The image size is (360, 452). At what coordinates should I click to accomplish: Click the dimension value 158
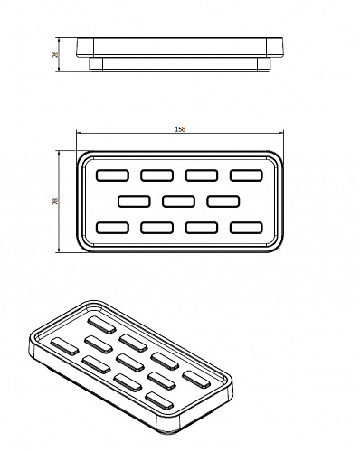tap(180, 129)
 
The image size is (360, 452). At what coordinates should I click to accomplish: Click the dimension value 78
tap(55, 202)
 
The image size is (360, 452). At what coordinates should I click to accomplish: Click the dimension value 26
tap(55, 54)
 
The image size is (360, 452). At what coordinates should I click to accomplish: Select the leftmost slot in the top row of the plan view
tap(113, 175)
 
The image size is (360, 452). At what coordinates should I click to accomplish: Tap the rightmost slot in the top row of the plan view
tap(246, 175)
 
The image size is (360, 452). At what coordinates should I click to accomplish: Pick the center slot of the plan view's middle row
tap(178, 202)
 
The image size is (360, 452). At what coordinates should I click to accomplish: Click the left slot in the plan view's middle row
tap(134, 202)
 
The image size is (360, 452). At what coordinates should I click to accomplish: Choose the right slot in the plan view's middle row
tap(223, 202)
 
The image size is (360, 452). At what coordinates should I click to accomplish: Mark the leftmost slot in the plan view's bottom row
tap(113, 228)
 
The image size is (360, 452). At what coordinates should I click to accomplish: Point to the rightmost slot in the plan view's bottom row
tap(246, 228)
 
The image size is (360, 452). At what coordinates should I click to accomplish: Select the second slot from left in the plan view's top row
tap(157, 175)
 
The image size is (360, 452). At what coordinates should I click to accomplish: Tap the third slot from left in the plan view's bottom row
tap(202, 228)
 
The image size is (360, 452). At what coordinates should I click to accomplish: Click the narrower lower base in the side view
tap(180, 64)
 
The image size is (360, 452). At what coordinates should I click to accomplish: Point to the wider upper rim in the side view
tap(180, 48)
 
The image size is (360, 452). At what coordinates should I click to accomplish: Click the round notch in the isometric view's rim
tap(94, 308)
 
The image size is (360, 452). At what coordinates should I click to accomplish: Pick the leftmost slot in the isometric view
tap(65, 346)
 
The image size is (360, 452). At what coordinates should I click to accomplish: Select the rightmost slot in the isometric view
tap(196, 379)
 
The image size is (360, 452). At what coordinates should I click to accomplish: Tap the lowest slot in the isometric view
tap(159, 400)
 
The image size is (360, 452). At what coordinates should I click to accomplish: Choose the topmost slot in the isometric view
tap(101, 325)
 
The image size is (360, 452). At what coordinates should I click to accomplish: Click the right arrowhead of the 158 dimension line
tap(281, 132)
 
